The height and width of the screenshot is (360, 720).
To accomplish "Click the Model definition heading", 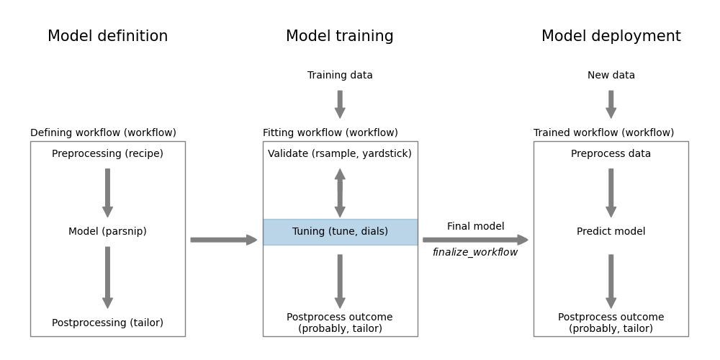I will (107, 37).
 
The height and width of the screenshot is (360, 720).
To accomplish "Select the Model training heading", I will (340, 37).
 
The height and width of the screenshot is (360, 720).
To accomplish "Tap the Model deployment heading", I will (611, 37).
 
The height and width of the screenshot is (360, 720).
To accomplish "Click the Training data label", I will (340, 76).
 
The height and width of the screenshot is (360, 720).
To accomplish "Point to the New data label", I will (611, 76).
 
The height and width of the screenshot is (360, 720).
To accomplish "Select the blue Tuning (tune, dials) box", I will (340, 232).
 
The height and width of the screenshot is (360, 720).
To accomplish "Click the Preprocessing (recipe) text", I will (107, 154).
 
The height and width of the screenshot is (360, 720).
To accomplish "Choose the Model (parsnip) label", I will (107, 232).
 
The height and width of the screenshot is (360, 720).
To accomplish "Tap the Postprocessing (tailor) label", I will (107, 323).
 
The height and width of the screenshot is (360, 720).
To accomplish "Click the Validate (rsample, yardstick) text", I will (340, 154).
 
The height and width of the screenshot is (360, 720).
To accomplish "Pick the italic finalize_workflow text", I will (475, 253).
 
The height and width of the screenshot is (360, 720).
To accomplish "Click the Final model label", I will (475, 227).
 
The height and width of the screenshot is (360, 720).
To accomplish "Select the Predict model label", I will (611, 232).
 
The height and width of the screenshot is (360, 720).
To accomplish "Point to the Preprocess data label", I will (611, 154).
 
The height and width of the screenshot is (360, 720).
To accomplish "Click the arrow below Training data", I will (340, 104).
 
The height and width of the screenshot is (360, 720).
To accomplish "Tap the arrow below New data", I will (611, 104).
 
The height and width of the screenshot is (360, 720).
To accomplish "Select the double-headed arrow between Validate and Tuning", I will (340, 193).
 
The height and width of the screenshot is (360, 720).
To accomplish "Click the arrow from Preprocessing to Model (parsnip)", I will (107, 193).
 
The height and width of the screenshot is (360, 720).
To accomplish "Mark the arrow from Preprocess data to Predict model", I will (611, 193).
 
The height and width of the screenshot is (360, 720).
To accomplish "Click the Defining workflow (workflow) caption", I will (103, 133).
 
